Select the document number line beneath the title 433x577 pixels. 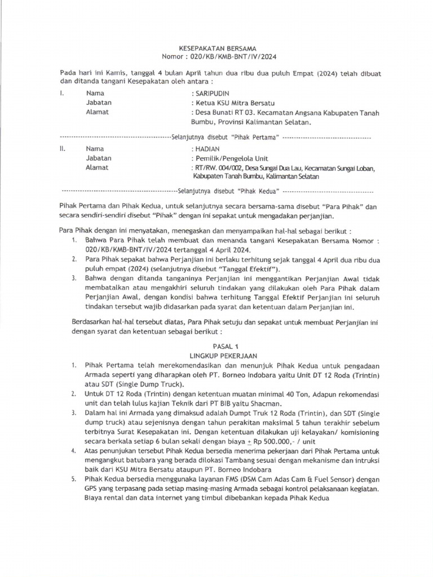(218, 57)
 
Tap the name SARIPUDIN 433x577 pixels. (214, 93)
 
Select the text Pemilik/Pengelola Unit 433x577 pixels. (232, 158)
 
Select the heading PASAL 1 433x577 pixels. (217, 348)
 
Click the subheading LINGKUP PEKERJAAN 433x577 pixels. (217, 356)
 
